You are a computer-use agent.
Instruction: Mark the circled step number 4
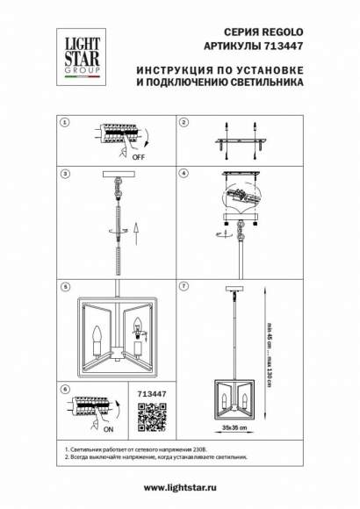(184, 174)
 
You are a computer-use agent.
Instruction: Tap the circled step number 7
(184, 286)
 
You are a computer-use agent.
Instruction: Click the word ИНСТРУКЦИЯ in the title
(169, 68)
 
